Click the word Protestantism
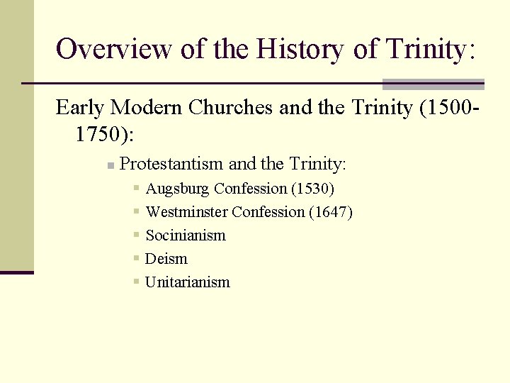[x=172, y=165]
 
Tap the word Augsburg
[x=177, y=189]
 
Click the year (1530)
[x=312, y=189]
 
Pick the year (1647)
[x=331, y=212]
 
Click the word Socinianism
[x=186, y=235]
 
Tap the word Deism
[x=166, y=259]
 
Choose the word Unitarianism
[x=188, y=282]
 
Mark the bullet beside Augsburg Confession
[x=136, y=189]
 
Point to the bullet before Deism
[x=136, y=258]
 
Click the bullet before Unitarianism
[x=136, y=282]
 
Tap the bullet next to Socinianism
[x=136, y=235]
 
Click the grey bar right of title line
[x=433, y=84]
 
